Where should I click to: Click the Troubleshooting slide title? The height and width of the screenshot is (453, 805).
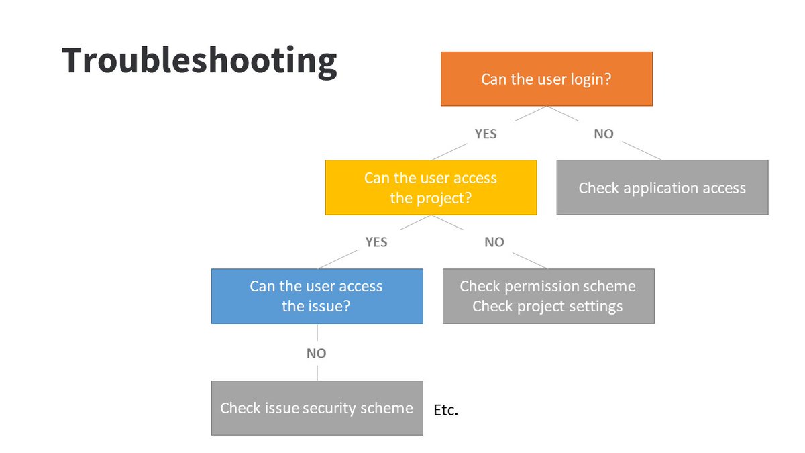point(199,61)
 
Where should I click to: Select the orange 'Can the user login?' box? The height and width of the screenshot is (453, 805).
point(546,79)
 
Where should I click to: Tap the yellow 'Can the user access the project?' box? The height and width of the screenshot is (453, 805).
point(431,187)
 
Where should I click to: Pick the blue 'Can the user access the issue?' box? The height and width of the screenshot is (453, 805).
point(317,296)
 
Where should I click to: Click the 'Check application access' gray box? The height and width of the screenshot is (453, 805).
point(662,187)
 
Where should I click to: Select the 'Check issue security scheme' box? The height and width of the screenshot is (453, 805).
point(317,408)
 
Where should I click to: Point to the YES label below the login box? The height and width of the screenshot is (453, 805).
point(486,134)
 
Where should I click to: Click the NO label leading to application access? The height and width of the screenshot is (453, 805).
point(603,134)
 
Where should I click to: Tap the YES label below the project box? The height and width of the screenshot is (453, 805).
point(376,242)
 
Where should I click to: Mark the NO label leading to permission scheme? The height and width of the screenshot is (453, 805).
point(494,242)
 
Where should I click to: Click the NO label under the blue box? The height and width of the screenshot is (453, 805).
point(316,353)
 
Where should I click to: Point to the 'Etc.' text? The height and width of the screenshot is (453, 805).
point(446,411)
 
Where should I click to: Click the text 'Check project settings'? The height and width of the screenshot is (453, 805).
point(547,307)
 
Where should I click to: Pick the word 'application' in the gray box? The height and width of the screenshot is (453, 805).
point(661,188)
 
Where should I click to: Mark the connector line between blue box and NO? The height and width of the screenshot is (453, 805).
point(317,334)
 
